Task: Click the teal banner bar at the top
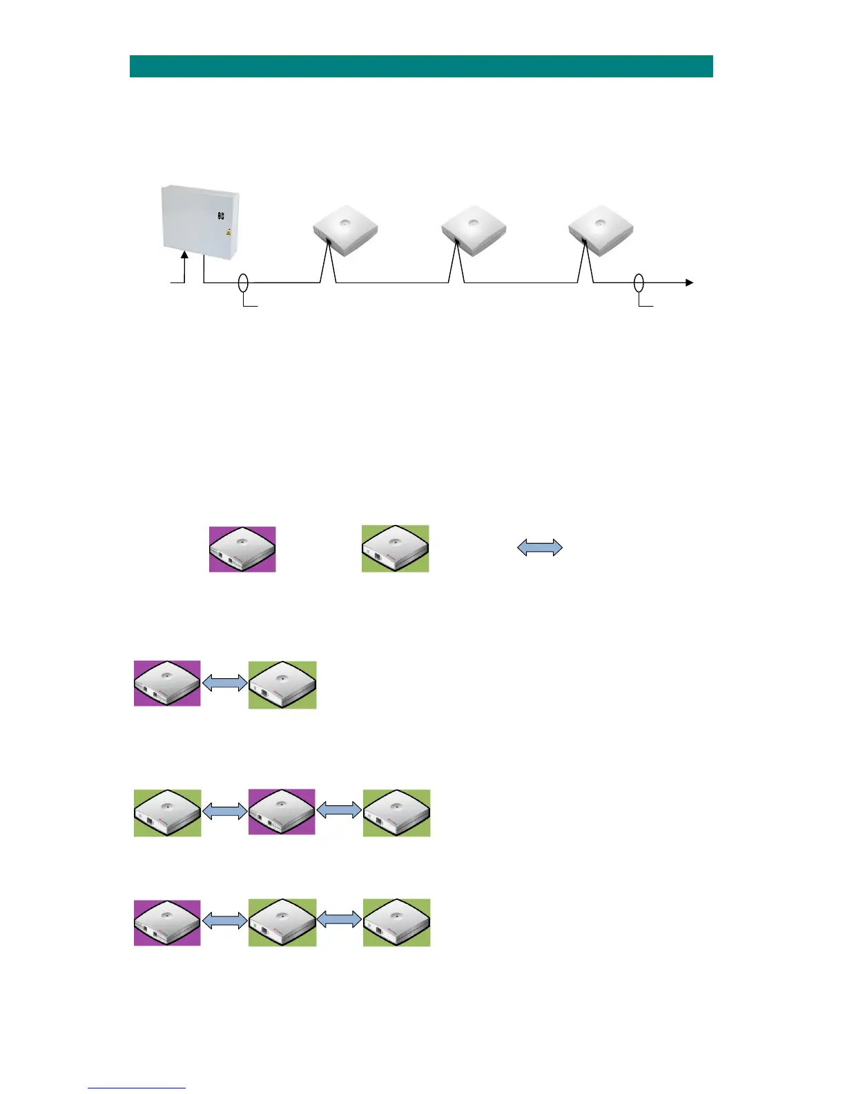click(x=421, y=66)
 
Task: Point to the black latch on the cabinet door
click(x=221, y=215)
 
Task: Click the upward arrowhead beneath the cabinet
click(x=184, y=256)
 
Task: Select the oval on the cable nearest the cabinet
click(x=243, y=282)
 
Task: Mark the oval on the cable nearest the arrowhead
click(x=639, y=282)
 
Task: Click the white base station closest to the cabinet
click(x=345, y=229)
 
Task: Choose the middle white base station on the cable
click(x=474, y=229)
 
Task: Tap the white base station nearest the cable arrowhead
click(x=601, y=229)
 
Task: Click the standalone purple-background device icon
click(x=242, y=549)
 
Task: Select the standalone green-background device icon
click(x=395, y=549)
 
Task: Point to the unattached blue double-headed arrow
click(x=540, y=548)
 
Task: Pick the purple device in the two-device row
click(x=167, y=683)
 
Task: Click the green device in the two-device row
click(x=282, y=684)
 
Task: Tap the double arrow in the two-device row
click(x=224, y=683)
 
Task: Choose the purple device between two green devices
click(x=282, y=812)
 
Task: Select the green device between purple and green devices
click(x=282, y=922)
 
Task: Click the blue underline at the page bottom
click(x=137, y=1088)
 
